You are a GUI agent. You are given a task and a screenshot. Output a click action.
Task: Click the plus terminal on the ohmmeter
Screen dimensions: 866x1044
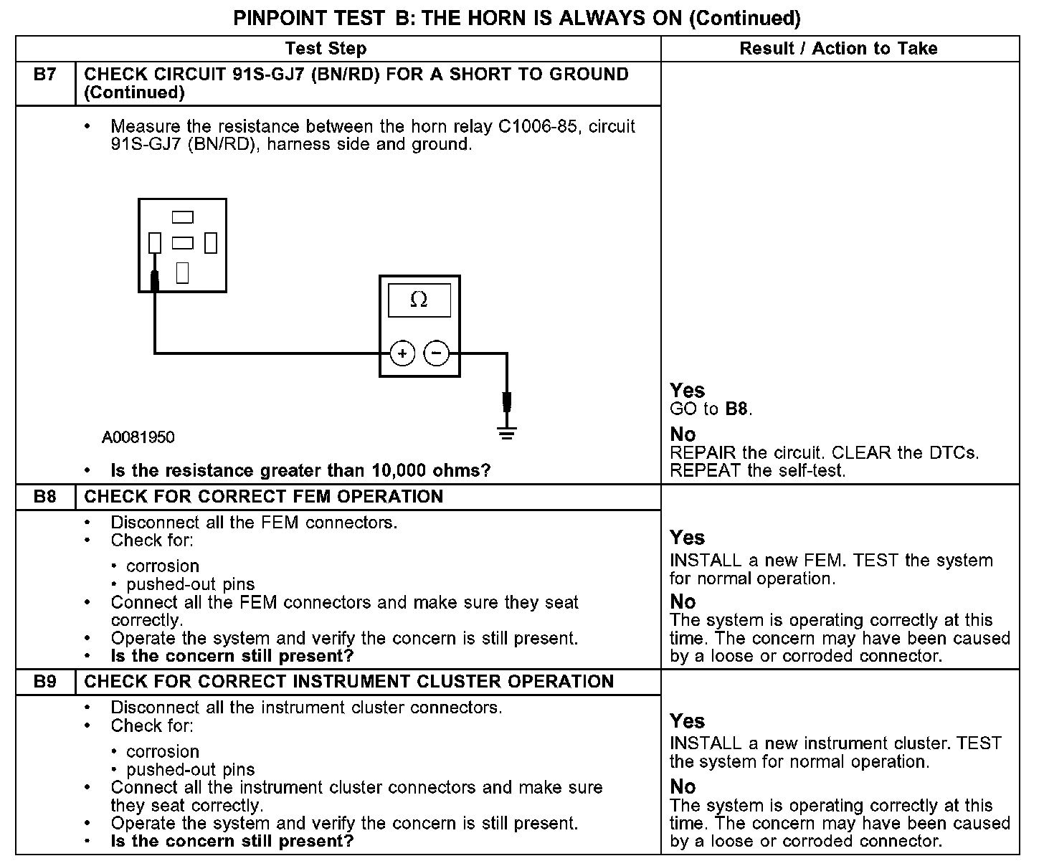402,353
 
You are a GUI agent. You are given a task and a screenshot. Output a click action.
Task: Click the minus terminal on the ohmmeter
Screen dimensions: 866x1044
437,353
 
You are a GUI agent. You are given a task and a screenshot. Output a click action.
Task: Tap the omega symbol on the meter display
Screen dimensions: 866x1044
419,300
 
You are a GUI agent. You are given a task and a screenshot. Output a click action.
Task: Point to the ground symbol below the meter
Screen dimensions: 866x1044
507,432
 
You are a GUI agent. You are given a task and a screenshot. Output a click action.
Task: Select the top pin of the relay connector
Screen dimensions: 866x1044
183,217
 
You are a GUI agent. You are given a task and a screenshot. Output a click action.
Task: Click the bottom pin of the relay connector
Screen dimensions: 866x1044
182,272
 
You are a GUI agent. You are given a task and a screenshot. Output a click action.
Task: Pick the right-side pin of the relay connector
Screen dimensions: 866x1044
210,243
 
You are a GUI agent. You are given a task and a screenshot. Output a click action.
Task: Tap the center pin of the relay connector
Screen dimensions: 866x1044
183,243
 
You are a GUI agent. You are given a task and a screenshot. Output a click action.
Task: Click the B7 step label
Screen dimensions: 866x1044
45,75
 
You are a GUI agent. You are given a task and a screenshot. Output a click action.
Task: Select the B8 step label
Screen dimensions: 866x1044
45,497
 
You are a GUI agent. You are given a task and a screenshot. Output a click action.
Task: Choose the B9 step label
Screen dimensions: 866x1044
45,682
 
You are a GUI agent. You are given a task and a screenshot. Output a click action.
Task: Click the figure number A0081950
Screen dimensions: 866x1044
138,437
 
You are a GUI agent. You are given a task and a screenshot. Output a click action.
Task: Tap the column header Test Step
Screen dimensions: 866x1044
326,49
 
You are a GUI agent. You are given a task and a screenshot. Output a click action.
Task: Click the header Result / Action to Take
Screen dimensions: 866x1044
838,49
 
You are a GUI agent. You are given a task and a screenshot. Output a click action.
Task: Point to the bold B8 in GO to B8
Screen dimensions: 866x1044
737,409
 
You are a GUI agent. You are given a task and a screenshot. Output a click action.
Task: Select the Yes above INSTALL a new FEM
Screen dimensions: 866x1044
687,538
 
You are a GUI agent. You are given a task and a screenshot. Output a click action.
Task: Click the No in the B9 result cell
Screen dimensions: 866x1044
683,786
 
